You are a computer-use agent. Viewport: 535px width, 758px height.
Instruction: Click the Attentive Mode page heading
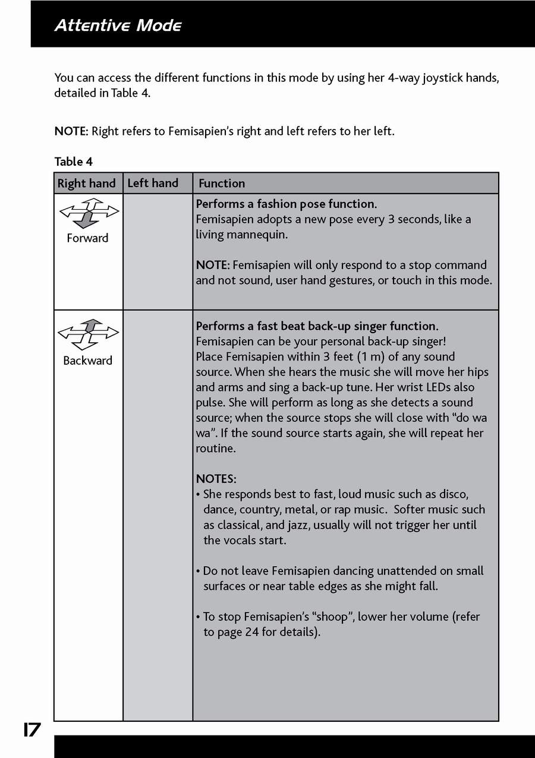click(118, 26)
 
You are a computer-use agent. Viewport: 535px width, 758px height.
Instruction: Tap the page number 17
click(32, 729)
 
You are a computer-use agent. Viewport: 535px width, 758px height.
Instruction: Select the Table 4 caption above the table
click(74, 162)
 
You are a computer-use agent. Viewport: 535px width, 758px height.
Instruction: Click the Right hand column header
click(87, 184)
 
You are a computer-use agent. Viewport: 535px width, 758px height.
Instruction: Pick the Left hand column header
click(153, 183)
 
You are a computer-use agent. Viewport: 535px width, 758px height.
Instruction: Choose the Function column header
click(222, 184)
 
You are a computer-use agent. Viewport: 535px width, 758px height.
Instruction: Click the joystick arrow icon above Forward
click(88, 214)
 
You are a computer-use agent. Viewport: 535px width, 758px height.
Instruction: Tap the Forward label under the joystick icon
click(87, 238)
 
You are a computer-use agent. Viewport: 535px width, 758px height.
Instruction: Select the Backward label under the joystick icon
click(87, 361)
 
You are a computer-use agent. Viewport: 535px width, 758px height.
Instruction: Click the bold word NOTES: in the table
click(216, 479)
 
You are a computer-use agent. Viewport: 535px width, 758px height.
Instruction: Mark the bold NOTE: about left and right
click(71, 131)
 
